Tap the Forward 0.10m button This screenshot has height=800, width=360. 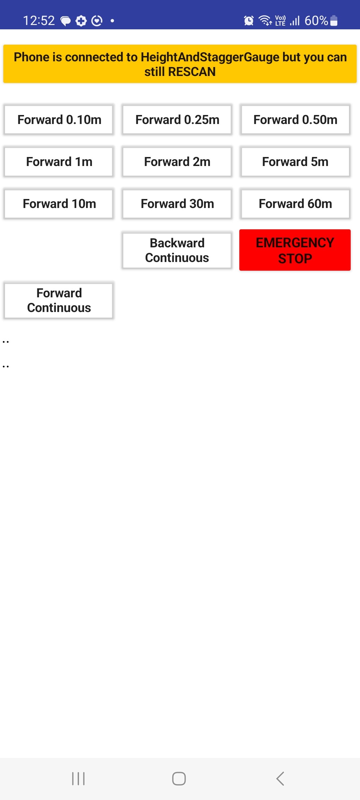[x=59, y=120]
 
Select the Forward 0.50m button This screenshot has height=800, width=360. [x=295, y=120]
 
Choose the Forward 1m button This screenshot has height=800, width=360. [x=59, y=162]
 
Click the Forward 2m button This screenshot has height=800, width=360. [x=177, y=162]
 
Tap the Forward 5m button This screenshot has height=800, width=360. [x=295, y=162]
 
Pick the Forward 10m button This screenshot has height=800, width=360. [x=59, y=204]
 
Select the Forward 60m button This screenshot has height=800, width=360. [x=295, y=204]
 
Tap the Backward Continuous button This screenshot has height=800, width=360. [x=177, y=250]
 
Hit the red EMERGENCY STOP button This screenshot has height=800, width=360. [x=295, y=250]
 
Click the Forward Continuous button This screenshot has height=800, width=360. [x=59, y=300]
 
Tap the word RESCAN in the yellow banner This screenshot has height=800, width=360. [x=192, y=72]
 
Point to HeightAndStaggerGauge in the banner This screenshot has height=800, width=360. [x=210, y=57]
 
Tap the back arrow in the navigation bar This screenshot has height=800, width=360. [x=280, y=779]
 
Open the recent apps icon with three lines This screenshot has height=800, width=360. [x=78, y=779]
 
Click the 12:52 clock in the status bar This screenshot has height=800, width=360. [x=39, y=21]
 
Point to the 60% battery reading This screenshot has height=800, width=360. [x=316, y=21]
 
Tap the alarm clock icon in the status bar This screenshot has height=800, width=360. [x=249, y=21]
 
